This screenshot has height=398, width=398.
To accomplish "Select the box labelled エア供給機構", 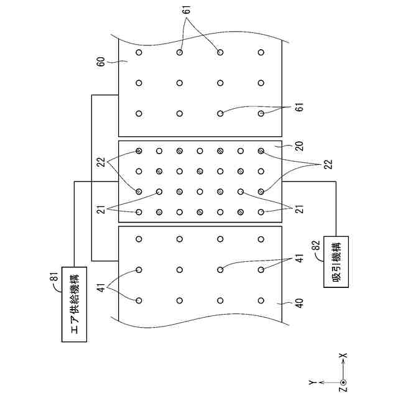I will [x=75, y=307].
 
